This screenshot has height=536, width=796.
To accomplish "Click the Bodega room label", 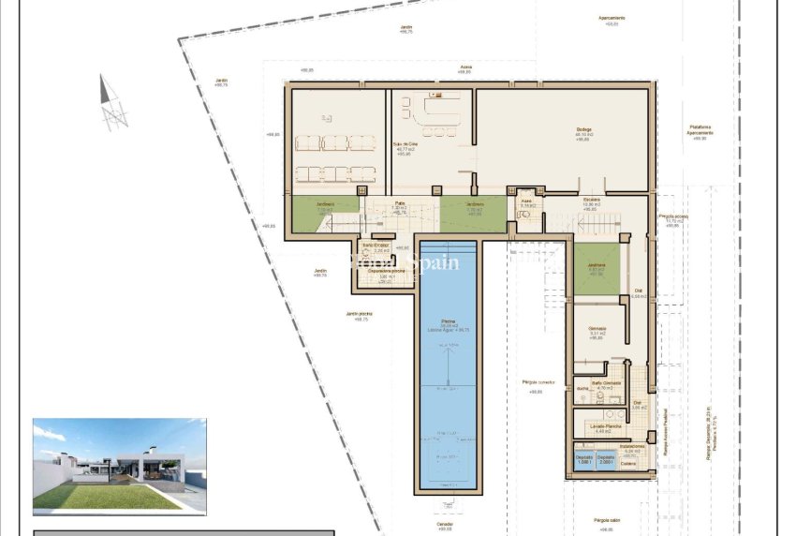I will (x=583, y=129).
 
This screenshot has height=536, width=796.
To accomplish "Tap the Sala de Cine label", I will (x=405, y=144).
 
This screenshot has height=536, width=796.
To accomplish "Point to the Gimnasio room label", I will (x=597, y=328).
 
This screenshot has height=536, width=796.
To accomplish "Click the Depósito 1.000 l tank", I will (x=583, y=460).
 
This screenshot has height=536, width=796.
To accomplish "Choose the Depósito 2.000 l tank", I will (x=606, y=460).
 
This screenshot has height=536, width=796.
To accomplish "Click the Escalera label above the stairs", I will (x=590, y=200).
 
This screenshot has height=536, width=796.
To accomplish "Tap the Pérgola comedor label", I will (x=538, y=382).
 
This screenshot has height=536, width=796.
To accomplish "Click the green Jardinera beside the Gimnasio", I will (x=596, y=269).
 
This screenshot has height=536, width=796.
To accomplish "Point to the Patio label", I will (x=400, y=203).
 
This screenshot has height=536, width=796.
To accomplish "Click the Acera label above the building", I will (x=465, y=67).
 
